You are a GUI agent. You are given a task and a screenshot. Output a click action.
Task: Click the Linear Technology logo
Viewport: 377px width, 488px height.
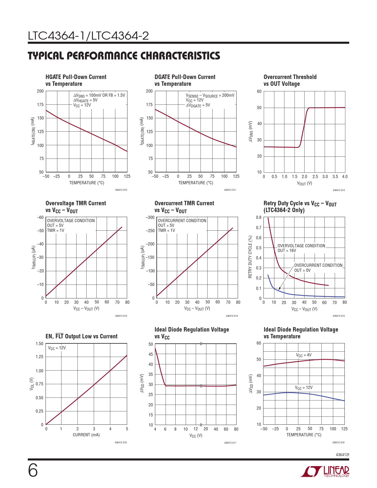pyautogui.click(x=325, y=471)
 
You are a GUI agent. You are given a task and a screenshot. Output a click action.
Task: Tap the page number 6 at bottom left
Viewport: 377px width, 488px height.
pyautogui.click(x=33, y=471)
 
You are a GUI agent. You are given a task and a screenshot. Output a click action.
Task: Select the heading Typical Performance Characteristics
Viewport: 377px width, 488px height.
pyautogui.click(x=124, y=56)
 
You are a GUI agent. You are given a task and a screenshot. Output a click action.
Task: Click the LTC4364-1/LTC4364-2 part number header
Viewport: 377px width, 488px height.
pyautogui.click(x=88, y=36)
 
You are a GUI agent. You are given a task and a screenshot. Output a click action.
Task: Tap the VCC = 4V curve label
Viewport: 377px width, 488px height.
pyautogui.click(x=304, y=355)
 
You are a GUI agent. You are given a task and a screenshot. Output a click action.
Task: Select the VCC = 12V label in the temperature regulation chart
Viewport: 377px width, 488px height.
pyautogui.click(x=304, y=387)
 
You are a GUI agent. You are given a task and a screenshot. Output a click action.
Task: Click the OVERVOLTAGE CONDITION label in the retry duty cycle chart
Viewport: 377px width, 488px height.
pyautogui.click(x=301, y=246)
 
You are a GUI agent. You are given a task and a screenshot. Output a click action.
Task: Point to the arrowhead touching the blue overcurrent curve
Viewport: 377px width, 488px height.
pyautogui.click(x=279, y=289)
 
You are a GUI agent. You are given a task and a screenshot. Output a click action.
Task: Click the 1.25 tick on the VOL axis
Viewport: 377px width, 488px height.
pyautogui.click(x=39, y=357)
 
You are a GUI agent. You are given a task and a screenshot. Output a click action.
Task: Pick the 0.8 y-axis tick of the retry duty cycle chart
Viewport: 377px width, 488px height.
pyautogui.click(x=259, y=218)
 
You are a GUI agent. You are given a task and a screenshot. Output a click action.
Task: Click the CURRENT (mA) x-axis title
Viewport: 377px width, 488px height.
pyautogui.click(x=86, y=435)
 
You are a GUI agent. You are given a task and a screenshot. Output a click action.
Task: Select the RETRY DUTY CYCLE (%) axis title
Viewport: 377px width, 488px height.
pyautogui.click(x=250, y=257)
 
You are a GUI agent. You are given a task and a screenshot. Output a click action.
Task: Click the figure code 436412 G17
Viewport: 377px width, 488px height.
pyautogui.click(x=230, y=443)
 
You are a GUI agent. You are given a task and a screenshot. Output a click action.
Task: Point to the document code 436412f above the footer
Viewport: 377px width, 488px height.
pyautogui.click(x=342, y=454)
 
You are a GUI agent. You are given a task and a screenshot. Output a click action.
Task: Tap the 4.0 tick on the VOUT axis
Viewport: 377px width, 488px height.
pyautogui.click(x=345, y=177)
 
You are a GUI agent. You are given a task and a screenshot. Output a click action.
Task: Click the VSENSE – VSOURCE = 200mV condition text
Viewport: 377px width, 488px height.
pyautogui.click(x=210, y=96)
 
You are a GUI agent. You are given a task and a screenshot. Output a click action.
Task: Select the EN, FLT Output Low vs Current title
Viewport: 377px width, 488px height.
pyautogui.click(x=81, y=336)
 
